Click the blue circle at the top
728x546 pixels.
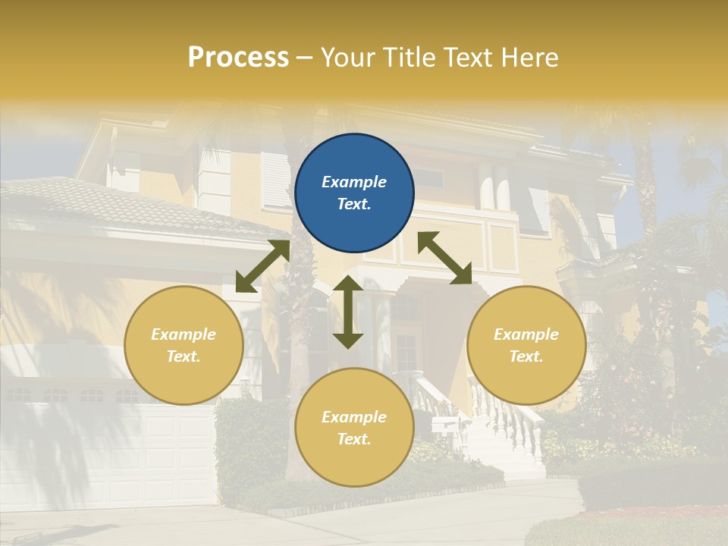[354, 193]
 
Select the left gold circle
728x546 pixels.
[184, 345]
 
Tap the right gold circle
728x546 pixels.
[526, 345]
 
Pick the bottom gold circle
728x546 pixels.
[354, 428]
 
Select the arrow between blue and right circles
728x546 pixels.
[444, 258]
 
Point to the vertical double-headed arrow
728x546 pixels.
[348, 312]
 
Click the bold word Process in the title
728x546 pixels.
[238, 58]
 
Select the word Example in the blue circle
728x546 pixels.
[354, 182]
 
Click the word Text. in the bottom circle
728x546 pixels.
[354, 439]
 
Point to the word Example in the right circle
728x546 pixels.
[526, 334]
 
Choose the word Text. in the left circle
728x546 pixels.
[184, 356]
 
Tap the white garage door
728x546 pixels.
[106, 455]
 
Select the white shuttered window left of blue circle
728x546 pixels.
[275, 180]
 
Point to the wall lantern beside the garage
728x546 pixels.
[245, 387]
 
